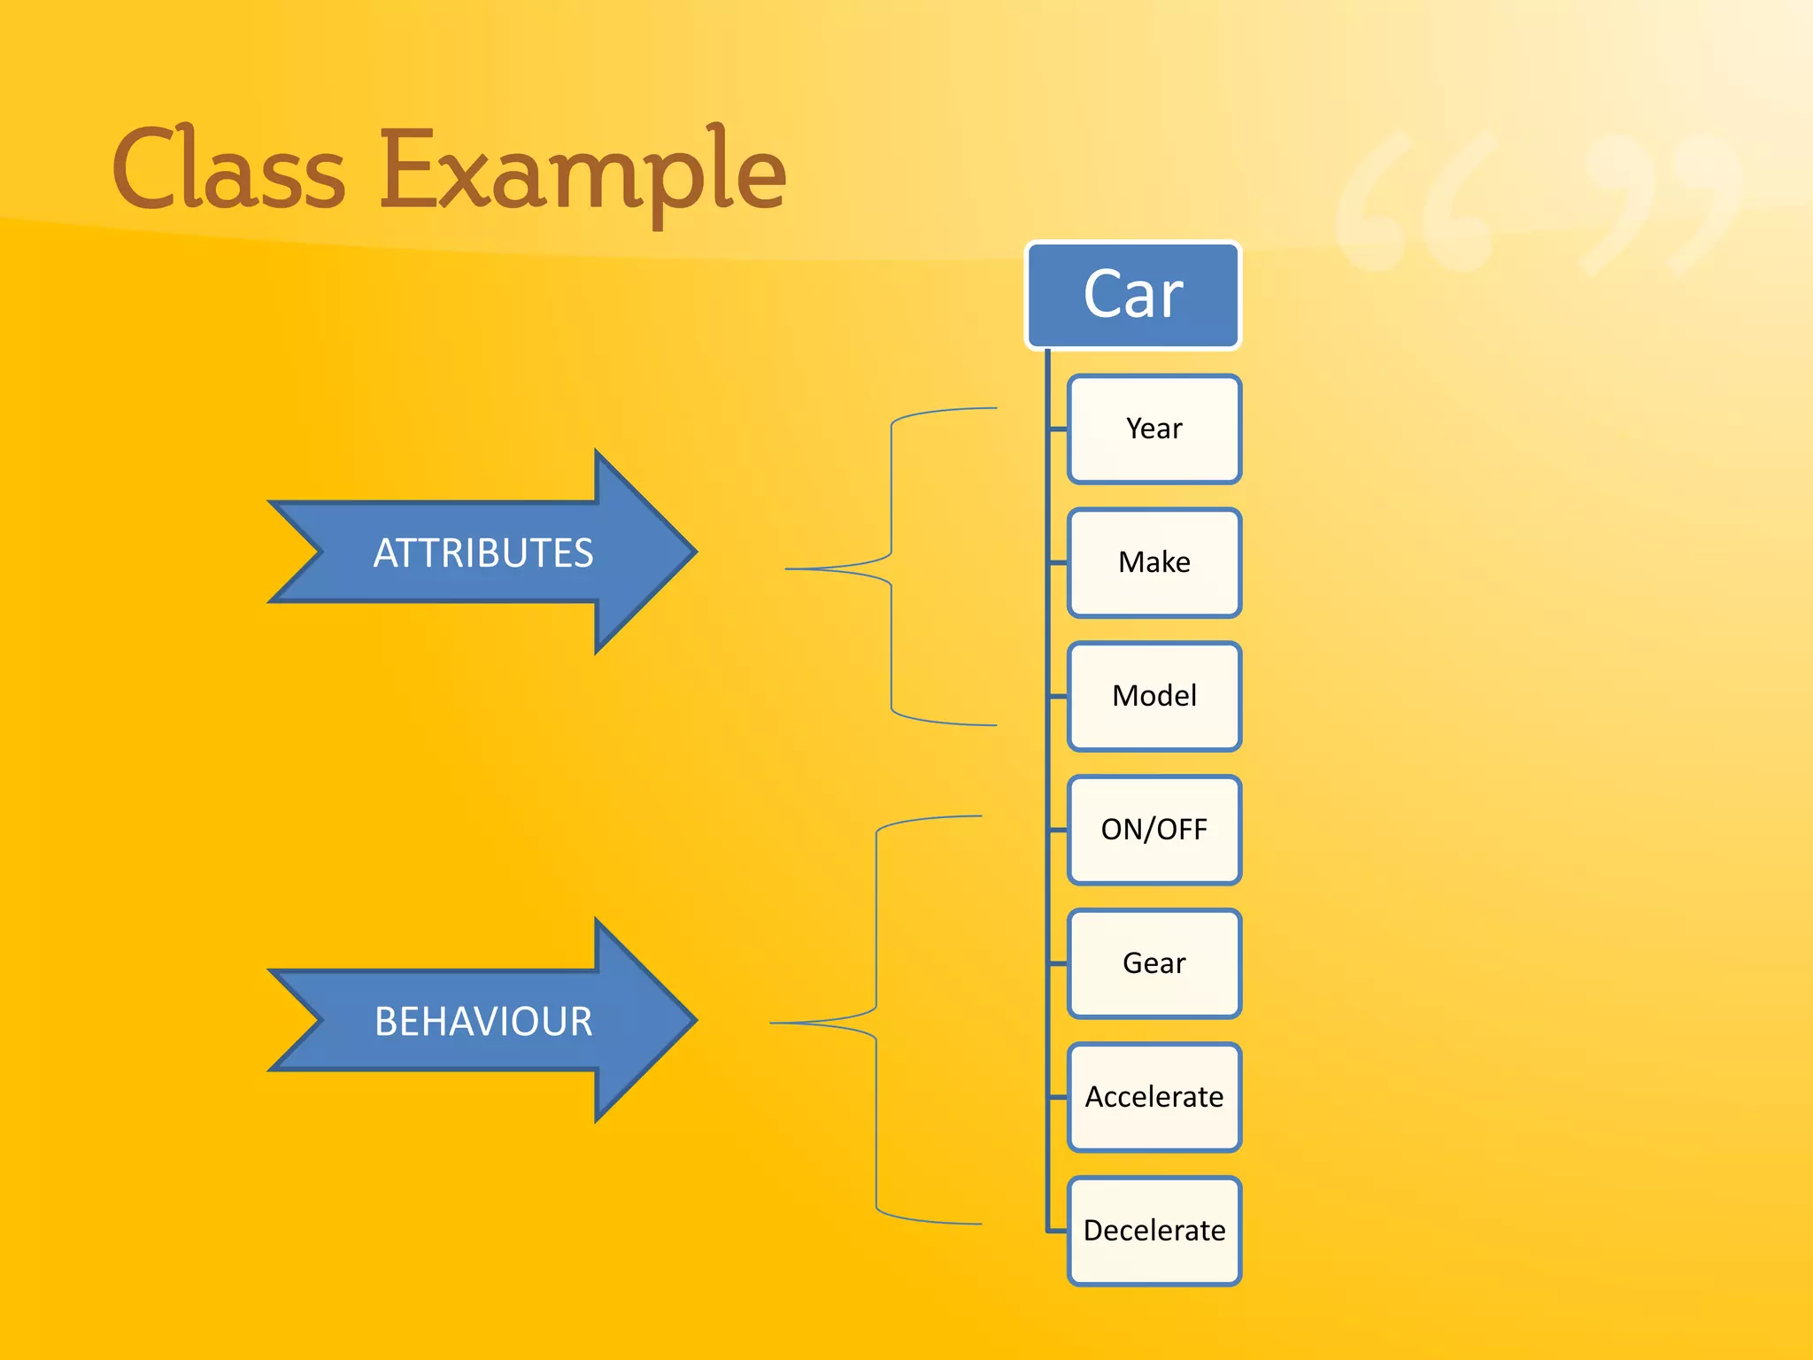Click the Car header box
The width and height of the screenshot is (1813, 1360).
click(1133, 295)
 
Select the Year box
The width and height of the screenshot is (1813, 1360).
click(1154, 429)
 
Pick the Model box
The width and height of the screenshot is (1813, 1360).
click(1154, 697)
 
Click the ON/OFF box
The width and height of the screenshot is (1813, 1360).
click(1154, 830)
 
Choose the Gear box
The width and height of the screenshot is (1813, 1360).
click(1154, 963)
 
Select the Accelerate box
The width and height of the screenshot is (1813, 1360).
click(1154, 1097)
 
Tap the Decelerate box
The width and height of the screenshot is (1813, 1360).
click(1154, 1231)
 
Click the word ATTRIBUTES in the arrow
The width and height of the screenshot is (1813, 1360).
click(482, 552)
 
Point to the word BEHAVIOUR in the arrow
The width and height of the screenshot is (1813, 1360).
click(482, 1021)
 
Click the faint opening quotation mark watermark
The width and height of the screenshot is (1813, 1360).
click(1416, 204)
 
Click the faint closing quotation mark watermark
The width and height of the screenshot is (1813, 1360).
click(1655, 204)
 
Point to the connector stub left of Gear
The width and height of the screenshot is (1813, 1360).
click(1058, 963)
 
